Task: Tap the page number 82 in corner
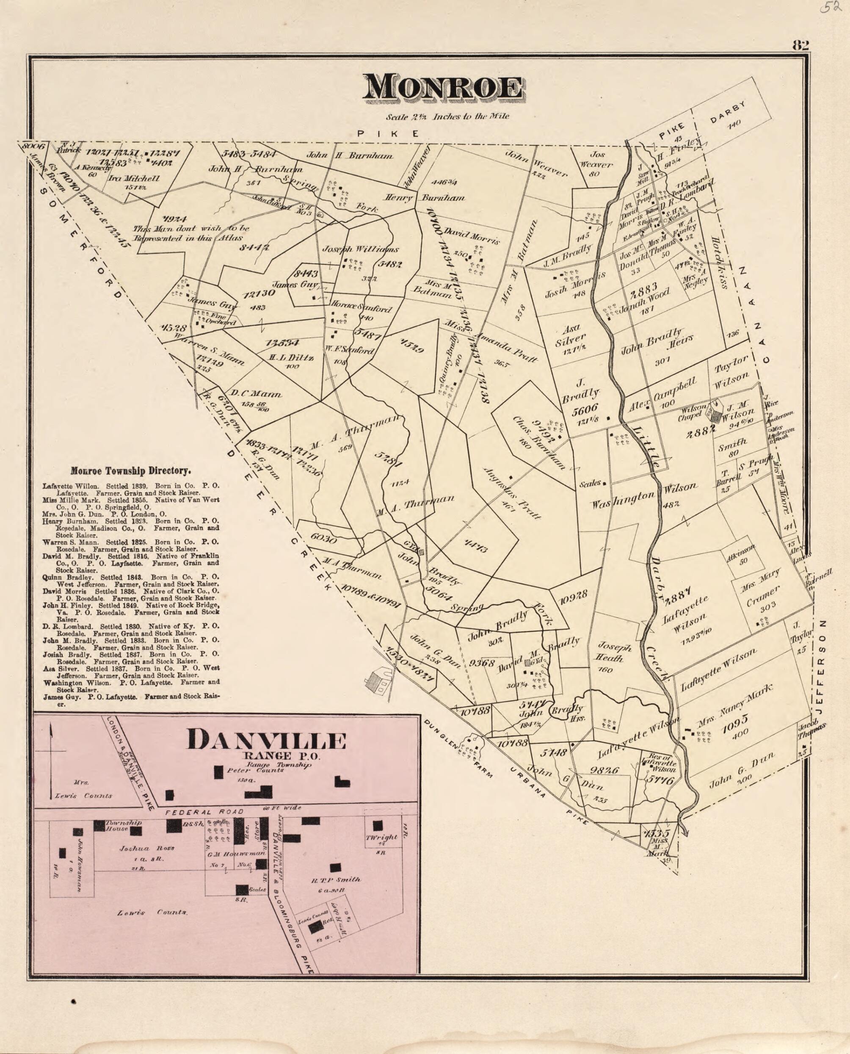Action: tap(800, 46)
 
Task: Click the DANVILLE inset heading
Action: tap(266, 741)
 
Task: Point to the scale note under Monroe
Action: tap(447, 116)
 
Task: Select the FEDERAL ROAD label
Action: tap(204, 812)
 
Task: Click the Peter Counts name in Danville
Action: tap(255, 770)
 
